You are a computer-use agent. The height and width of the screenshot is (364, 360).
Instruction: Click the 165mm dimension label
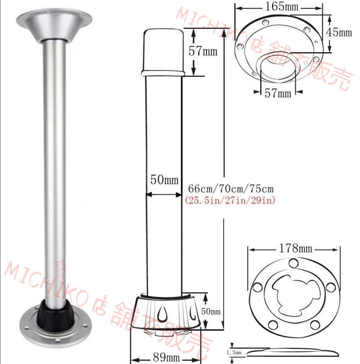(282, 6)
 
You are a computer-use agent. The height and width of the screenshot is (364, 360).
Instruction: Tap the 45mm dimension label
(339, 32)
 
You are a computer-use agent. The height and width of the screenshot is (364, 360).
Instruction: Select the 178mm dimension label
(295, 248)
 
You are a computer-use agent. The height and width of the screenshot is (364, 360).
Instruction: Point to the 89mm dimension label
(166, 357)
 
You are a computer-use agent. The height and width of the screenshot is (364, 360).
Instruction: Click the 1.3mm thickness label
(234, 353)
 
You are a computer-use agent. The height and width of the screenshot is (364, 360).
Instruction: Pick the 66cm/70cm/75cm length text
(231, 189)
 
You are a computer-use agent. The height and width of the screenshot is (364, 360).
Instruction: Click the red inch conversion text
(230, 200)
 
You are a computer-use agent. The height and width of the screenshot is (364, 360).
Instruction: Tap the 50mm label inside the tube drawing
(164, 180)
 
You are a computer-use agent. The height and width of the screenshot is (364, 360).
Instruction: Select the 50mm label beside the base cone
(211, 311)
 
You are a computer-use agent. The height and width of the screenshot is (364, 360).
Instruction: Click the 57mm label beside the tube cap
(203, 51)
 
